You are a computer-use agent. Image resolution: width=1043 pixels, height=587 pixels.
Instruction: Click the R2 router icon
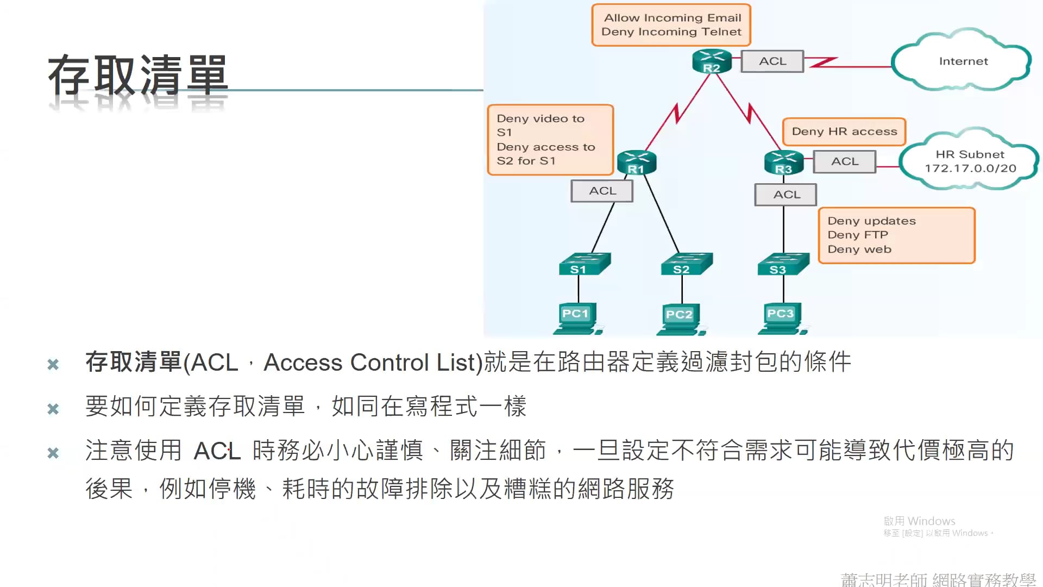[x=712, y=61]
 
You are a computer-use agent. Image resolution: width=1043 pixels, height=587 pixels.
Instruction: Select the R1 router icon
[x=637, y=163]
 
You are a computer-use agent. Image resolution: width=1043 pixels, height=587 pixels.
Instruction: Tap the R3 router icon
[x=783, y=163]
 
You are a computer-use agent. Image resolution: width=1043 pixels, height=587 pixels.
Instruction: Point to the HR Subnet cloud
[x=970, y=161]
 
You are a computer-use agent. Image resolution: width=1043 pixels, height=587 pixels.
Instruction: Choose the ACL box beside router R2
[x=772, y=61]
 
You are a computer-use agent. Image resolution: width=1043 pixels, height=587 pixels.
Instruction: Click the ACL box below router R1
[x=602, y=191]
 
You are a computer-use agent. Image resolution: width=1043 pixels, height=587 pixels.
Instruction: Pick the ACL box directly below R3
[x=786, y=195]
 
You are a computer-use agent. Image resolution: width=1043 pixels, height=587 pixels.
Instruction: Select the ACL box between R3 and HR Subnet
[x=845, y=161]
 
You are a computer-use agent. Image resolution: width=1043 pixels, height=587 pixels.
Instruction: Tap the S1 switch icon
[x=583, y=264]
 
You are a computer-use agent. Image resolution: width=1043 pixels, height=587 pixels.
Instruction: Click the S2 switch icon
[x=686, y=264]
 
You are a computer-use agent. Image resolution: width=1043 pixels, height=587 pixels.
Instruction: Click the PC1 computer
[x=577, y=318]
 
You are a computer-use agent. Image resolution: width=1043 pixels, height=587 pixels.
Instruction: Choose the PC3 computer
[x=781, y=318]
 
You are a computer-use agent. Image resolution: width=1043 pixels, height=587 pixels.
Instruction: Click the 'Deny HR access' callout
[x=844, y=132]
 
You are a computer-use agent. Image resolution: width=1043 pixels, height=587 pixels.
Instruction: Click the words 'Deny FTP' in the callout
[x=858, y=235]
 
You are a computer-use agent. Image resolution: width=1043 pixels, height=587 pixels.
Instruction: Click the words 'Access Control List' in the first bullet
[x=373, y=363]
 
